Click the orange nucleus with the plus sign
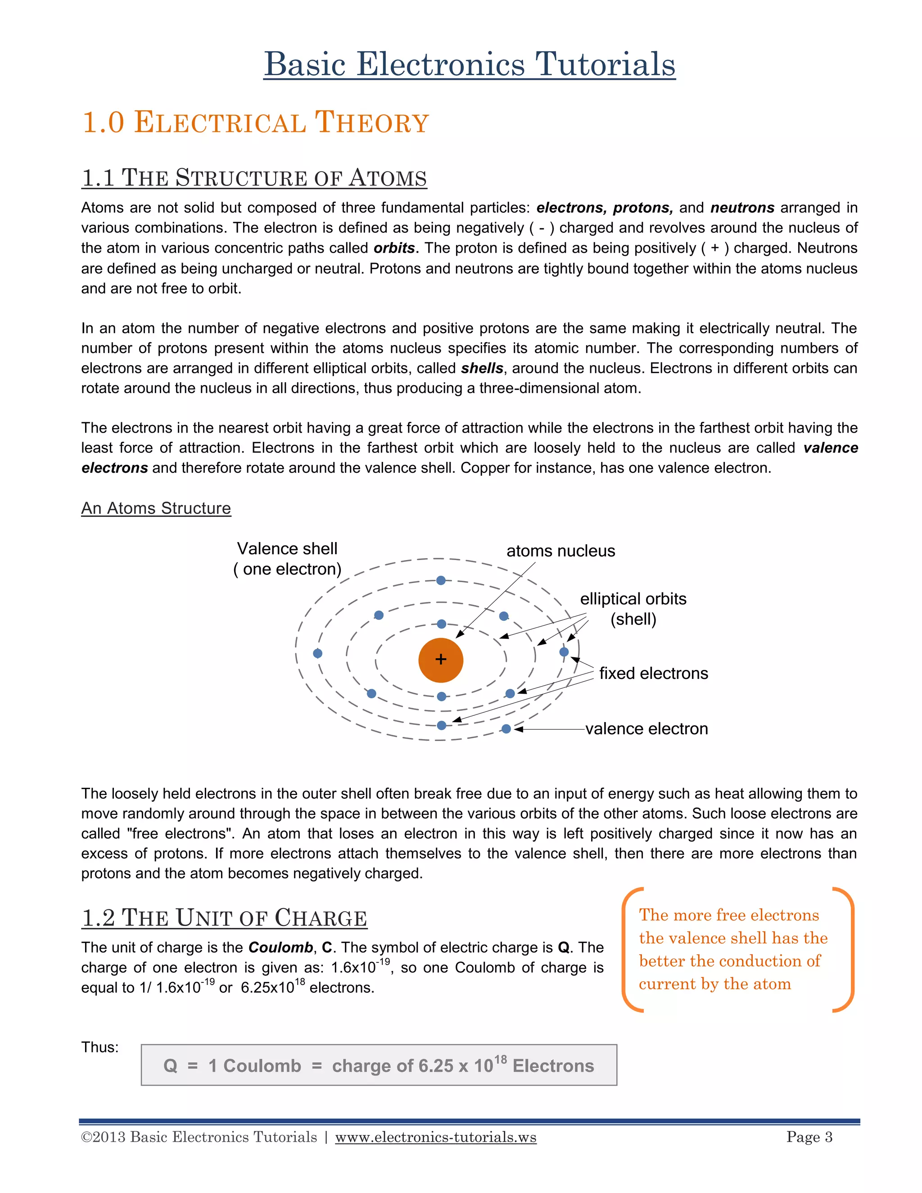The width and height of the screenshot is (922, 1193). pyautogui.click(x=440, y=660)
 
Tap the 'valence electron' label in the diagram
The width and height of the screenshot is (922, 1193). pyautogui.click(x=646, y=729)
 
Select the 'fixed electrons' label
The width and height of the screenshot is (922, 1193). pyautogui.click(x=653, y=673)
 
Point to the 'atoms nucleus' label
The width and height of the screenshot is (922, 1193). pyautogui.click(x=560, y=551)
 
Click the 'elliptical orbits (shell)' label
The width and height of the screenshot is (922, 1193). pyautogui.click(x=633, y=609)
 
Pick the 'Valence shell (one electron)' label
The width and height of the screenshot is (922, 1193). pyautogui.click(x=287, y=559)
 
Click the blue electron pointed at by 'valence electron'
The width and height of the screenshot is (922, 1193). pyautogui.click(x=506, y=729)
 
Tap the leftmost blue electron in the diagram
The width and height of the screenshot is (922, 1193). pyautogui.click(x=317, y=653)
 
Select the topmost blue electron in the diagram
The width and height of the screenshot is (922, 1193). pyautogui.click(x=441, y=580)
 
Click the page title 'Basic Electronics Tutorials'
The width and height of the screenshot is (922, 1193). pyautogui.click(x=469, y=64)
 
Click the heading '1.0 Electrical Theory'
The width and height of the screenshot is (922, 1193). pyautogui.click(x=255, y=122)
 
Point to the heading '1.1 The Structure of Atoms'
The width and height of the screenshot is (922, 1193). pyautogui.click(x=254, y=178)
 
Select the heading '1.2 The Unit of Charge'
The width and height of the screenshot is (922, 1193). pyautogui.click(x=224, y=917)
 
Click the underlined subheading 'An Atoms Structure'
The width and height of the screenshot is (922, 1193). pyautogui.click(x=156, y=508)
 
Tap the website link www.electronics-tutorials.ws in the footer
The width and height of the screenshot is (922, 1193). pyautogui.click(x=435, y=1137)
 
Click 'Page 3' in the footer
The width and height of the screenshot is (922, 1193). pyautogui.click(x=809, y=1137)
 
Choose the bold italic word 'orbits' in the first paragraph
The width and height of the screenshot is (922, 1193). pyautogui.click(x=394, y=248)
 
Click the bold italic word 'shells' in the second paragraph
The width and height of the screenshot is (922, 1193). pyautogui.click(x=482, y=368)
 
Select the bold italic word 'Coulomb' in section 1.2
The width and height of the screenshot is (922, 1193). pyautogui.click(x=280, y=947)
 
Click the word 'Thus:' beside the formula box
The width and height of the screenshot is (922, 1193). pyautogui.click(x=99, y=1047)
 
